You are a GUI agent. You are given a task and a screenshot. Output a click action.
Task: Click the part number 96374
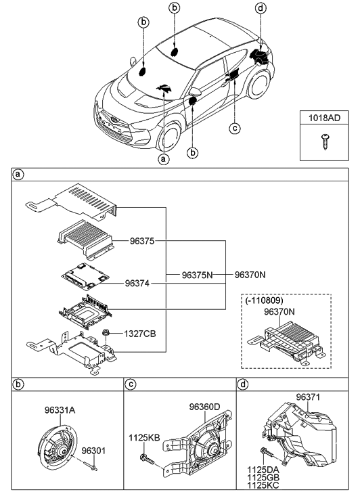pyautogui.click(x=139, y=284)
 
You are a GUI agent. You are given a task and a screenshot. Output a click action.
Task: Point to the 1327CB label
pyautogui.click(x=139, y=334)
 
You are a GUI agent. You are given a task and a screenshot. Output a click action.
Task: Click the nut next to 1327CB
pyautogui.click(x=108, y=334)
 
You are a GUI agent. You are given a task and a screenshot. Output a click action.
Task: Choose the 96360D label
pyautogui.click(x=204, y=407)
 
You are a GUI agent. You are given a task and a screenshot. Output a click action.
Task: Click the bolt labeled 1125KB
pyautogui.click(x=146, y=461)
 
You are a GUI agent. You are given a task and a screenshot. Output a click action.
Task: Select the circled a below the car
pyautogui.click(x=162, y=160)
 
